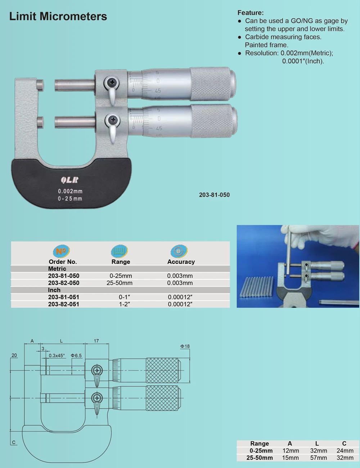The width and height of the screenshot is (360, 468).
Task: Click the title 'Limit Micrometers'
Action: point(58,17)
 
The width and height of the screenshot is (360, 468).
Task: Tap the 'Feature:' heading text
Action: point(250,13)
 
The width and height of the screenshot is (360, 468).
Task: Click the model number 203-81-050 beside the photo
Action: point(214,195)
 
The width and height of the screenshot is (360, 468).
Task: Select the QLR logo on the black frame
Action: point(69,180)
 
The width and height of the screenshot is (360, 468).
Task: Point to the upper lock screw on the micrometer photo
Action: point(112,83)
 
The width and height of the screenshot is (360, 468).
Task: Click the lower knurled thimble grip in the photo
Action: point(212,121)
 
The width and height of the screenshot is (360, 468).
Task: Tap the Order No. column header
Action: point(63,262)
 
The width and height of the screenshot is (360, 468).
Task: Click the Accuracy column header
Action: point(181,262)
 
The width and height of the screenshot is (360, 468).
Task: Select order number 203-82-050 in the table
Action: point(64,283)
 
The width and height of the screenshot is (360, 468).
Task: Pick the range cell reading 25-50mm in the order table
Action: point(120,283)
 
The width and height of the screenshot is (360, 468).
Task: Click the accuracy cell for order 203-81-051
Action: point(180,297)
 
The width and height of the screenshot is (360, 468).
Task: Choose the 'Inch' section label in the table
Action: point(54,290)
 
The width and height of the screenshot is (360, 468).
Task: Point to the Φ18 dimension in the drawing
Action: point(185,346)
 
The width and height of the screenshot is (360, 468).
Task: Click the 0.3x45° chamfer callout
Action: point(57,356)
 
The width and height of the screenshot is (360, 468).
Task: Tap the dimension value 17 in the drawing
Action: point(96,341)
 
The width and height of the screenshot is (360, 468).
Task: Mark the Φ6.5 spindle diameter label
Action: point(76,356)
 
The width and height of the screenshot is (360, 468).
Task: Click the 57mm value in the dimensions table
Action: point(319,458)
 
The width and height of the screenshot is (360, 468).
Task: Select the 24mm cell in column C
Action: point(345,451)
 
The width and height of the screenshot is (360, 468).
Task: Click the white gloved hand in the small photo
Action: point(324,238)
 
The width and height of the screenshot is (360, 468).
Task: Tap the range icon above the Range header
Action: point(120,251)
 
